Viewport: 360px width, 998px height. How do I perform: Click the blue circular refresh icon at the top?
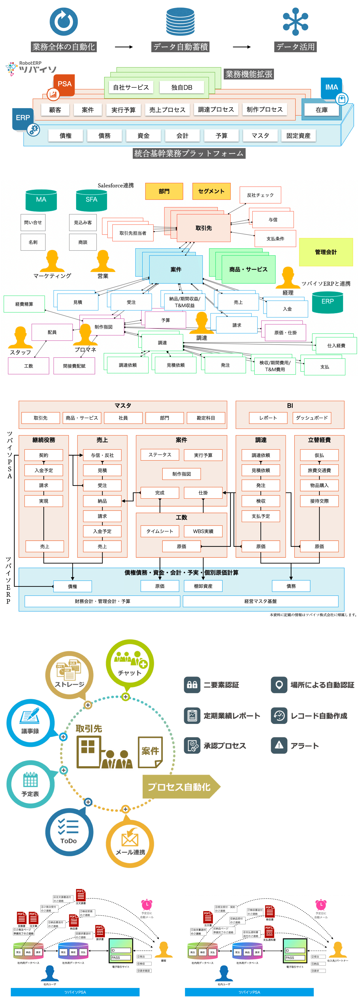tap(64, 22)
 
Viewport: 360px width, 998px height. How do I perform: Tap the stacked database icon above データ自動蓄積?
tap(180, 22)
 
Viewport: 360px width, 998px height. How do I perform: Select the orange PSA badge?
tap(64, 84)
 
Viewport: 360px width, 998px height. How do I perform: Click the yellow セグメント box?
tap(211, 191)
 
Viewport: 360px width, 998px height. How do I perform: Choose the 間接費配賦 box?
tap(74, 366)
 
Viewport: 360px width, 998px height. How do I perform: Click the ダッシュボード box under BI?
tap(311, 418)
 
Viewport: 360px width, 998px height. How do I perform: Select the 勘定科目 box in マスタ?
tap(206, 418)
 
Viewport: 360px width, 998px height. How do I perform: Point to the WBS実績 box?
tap(203, 531)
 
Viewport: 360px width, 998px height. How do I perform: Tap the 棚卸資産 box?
tap(203, 586)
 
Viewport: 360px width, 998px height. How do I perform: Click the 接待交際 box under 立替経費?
tap(319, 501)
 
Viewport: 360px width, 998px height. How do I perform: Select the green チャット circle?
tap(130, 664)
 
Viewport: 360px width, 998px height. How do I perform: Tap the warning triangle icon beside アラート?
tap(279, 745)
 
